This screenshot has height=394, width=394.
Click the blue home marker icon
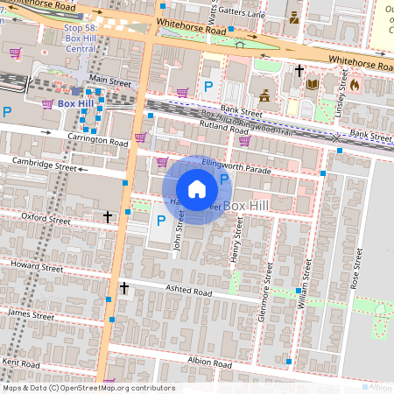point(197,188)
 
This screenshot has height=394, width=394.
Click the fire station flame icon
point(354,86)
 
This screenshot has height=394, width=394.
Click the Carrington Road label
point(98,140)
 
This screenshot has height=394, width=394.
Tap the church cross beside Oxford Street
point(108,215)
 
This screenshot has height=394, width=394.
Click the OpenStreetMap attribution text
point(88,388)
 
